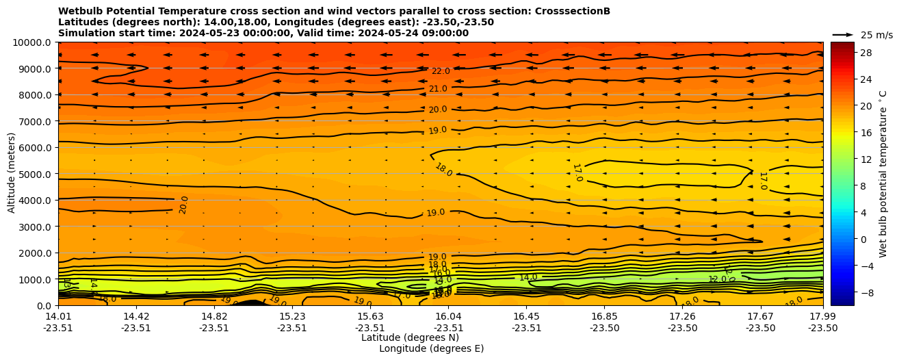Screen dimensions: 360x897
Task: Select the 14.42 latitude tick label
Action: [x=136, y=316]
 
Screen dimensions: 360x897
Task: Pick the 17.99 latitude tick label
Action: [x=822, y=316]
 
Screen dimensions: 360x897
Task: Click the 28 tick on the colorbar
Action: [x=866, y=53]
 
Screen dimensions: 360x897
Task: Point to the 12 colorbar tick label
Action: [x=866, y=159]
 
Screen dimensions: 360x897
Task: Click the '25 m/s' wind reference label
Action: [x=876, y=35]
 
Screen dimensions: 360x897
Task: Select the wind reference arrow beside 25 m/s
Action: [x=843, y=34]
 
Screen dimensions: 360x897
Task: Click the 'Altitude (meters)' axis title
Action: [x=12, y=174]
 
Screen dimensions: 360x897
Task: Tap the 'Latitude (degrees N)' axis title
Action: [x=410, y=337]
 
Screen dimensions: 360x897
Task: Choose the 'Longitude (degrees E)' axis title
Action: [x=431, y=348]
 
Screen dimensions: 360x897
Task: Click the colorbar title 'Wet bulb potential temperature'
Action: [x=883, y=173]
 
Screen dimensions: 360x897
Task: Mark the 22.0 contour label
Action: [x=441, y=71]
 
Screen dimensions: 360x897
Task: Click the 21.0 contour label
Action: [x=438, y=89]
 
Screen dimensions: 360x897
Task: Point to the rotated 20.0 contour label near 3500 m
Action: [x=183, y=205]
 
